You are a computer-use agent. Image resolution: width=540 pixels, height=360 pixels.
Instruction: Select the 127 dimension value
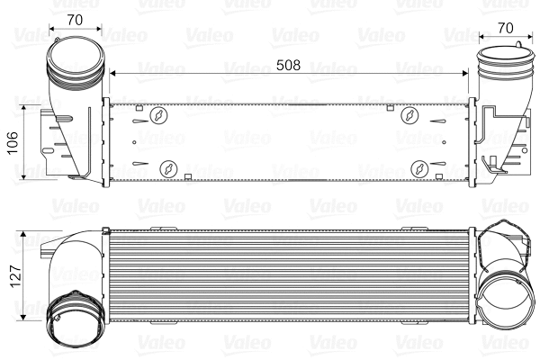tap(12, 273)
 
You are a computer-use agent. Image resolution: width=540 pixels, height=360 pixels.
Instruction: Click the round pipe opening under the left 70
tap(73, 63)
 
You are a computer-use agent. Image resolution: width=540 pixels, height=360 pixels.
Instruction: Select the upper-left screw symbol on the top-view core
tap(159, 115)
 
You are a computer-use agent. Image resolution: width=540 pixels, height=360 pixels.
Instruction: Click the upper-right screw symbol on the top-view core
tap(410, 115)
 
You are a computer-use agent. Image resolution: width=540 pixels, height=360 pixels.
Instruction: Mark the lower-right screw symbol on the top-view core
tap(420, 168)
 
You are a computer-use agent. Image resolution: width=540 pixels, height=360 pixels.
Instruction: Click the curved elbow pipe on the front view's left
tap(76, 256)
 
